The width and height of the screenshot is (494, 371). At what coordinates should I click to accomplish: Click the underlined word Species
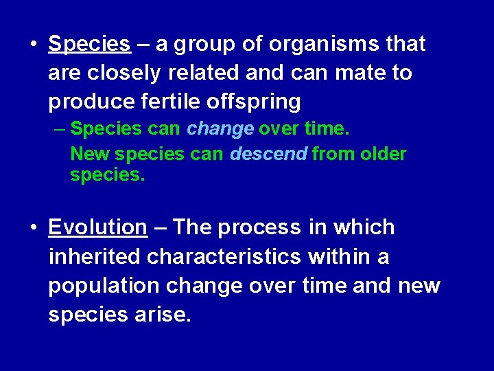(x=89, y=45)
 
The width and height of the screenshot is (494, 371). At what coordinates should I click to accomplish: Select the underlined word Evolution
(x=97, y=227)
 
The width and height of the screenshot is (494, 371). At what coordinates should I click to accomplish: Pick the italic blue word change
(x=220, y=128)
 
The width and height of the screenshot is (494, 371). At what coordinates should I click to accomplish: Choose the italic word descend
(x=268, y=154)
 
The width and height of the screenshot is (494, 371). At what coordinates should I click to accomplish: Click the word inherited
(x=95, y=256)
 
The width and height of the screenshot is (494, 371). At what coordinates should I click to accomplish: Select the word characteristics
(x=224, y=256)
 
